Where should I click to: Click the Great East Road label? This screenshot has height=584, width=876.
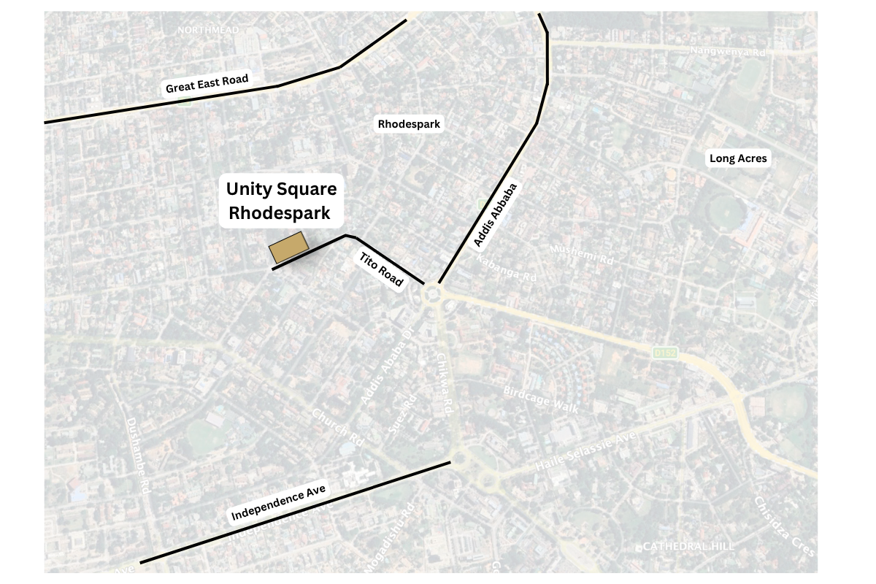(x=207, y=84)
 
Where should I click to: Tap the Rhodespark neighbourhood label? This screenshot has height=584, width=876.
(x=409, y=124)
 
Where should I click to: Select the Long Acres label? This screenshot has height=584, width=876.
(x=738, y=158)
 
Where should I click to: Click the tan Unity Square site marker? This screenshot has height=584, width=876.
(x=288, y=247)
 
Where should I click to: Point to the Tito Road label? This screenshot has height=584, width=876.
(x=380, y=269)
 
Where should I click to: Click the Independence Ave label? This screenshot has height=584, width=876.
(x=278, y=503)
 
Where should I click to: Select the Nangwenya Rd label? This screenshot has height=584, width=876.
(x=728, y=52)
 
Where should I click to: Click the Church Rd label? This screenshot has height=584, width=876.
(x=337, y=427)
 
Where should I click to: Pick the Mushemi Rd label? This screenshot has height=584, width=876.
(x=582, y=254)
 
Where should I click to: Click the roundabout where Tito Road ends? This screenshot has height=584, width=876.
(x=432, y=295)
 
